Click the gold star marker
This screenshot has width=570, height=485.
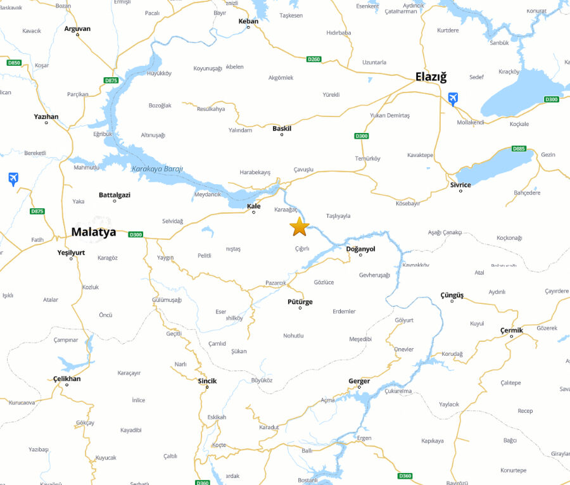point(299,226)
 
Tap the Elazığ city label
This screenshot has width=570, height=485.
point(431,77)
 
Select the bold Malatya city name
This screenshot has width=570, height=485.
point(94,232)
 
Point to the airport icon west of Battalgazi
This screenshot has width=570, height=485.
point(13,179)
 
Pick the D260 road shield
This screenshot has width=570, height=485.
point(313,60)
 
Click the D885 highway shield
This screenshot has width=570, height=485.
point(519,149)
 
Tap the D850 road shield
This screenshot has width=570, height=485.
point(14,63)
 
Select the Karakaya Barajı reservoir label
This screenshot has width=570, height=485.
point(157,169)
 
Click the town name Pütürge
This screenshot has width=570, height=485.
point(300,301)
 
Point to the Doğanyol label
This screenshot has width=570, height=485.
point(360,249)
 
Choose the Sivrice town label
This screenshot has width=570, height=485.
point(460,185)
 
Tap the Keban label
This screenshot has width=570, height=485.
point(248,21)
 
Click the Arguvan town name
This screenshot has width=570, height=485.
point(77,28)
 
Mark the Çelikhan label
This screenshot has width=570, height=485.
point(66,379)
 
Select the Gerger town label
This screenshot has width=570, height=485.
point(359,381)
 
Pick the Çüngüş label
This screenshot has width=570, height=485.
point(452,295)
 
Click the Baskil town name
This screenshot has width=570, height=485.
point(282,129)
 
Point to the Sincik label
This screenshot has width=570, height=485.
point(206,381)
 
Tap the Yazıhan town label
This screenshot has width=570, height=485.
point(46,117)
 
